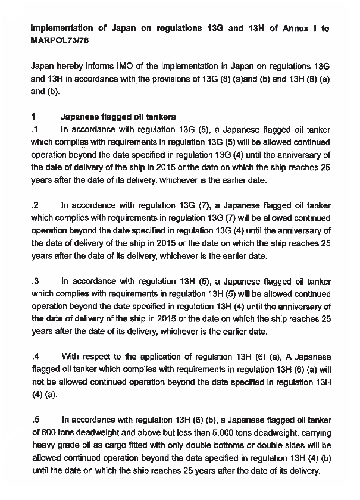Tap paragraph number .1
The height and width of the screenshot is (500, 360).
[35, 129]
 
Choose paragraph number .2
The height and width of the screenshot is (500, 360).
[35, 205]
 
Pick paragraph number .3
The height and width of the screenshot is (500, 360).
[35, 281]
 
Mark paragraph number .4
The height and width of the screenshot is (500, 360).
[35, 357]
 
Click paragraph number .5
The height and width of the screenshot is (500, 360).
[35, 419]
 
